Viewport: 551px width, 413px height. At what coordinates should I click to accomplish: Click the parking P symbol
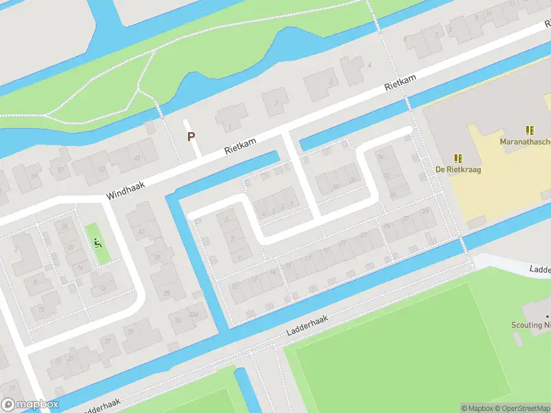(x=191, y=136)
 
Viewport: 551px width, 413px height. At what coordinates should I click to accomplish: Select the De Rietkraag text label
(x=458, y=169)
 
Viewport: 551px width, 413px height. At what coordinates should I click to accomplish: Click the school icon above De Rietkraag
(x=458, y=158)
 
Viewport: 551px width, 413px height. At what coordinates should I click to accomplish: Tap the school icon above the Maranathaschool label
(x=530, y=130)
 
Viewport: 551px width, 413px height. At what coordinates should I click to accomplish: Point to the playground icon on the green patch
(x=97, y=242)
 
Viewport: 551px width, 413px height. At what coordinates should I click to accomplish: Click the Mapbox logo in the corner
(x=30, y=405)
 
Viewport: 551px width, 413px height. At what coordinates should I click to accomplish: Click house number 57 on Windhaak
(x=61, y=170)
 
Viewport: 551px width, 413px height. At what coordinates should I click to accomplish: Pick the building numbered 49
(x=136, y=158)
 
